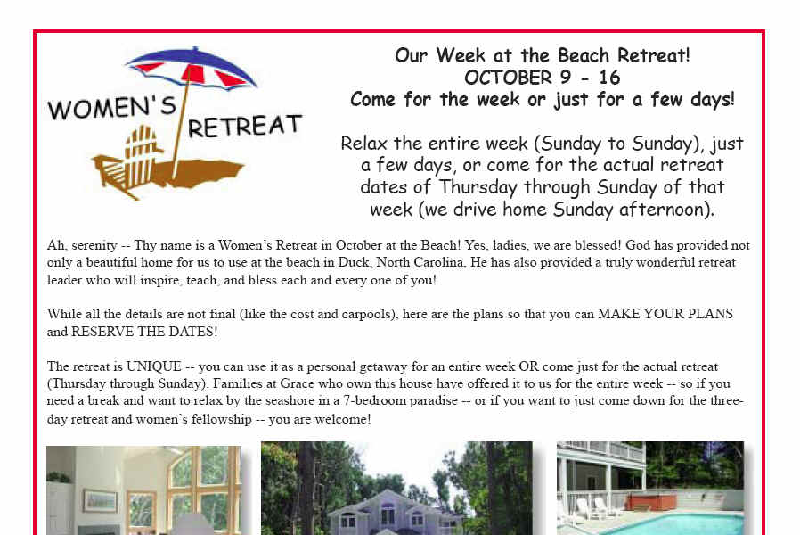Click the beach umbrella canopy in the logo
pyautogui.click(x=192, y=69)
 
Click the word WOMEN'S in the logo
pyautogui.click(x=111, y=107)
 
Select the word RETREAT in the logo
pyautogui.click(x=245, y=126)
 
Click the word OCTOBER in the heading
pyautogui.click(x=508, y=78)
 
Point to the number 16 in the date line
pyautogui.click(x=609, y=78)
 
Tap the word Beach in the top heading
pyautogui.click(x=584, y=55)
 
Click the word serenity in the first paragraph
pyautogui.click(x=94, y=245)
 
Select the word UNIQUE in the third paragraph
pyautogui.click(x=153, y=366)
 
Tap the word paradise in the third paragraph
pyautogui.click(x=434, y=401)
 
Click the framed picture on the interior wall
pyautogui.click(x=101, y=501)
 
